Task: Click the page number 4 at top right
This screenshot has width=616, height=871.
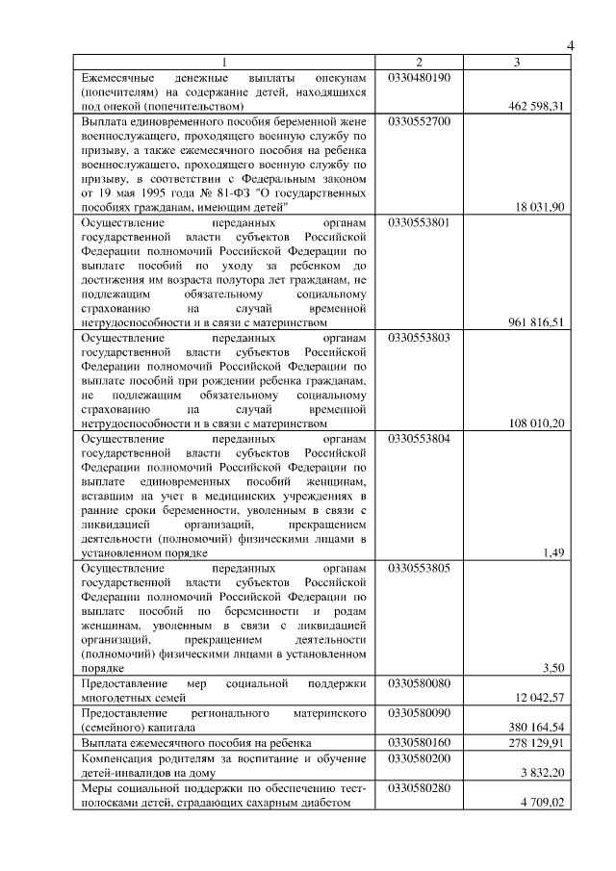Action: click(x=570, y=45)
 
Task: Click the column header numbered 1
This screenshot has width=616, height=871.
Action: click(x=227, y=63)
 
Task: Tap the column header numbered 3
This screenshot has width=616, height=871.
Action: click(x=517, y=63)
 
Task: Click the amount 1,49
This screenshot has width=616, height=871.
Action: click(x=552, y=552)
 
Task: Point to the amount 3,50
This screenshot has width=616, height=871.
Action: click(x=552, y=668)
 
